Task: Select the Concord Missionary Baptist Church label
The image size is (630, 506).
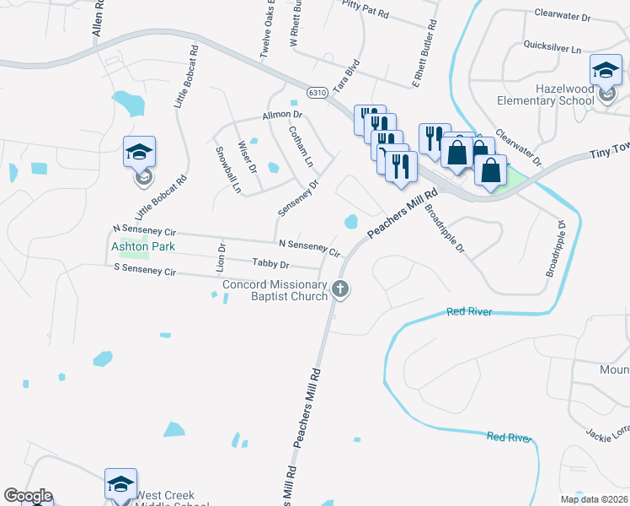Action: coord(275,290)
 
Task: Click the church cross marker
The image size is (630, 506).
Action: coord(340,289)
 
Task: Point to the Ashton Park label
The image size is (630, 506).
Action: coord(143,246)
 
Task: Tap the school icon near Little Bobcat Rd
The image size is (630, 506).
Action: coord(140,153)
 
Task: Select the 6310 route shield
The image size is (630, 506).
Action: coord(317,92)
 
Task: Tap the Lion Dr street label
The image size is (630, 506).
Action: coord(222,257)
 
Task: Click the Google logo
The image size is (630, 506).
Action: coord(28,496)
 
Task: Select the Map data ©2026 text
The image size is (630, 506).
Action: coord(595,500)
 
